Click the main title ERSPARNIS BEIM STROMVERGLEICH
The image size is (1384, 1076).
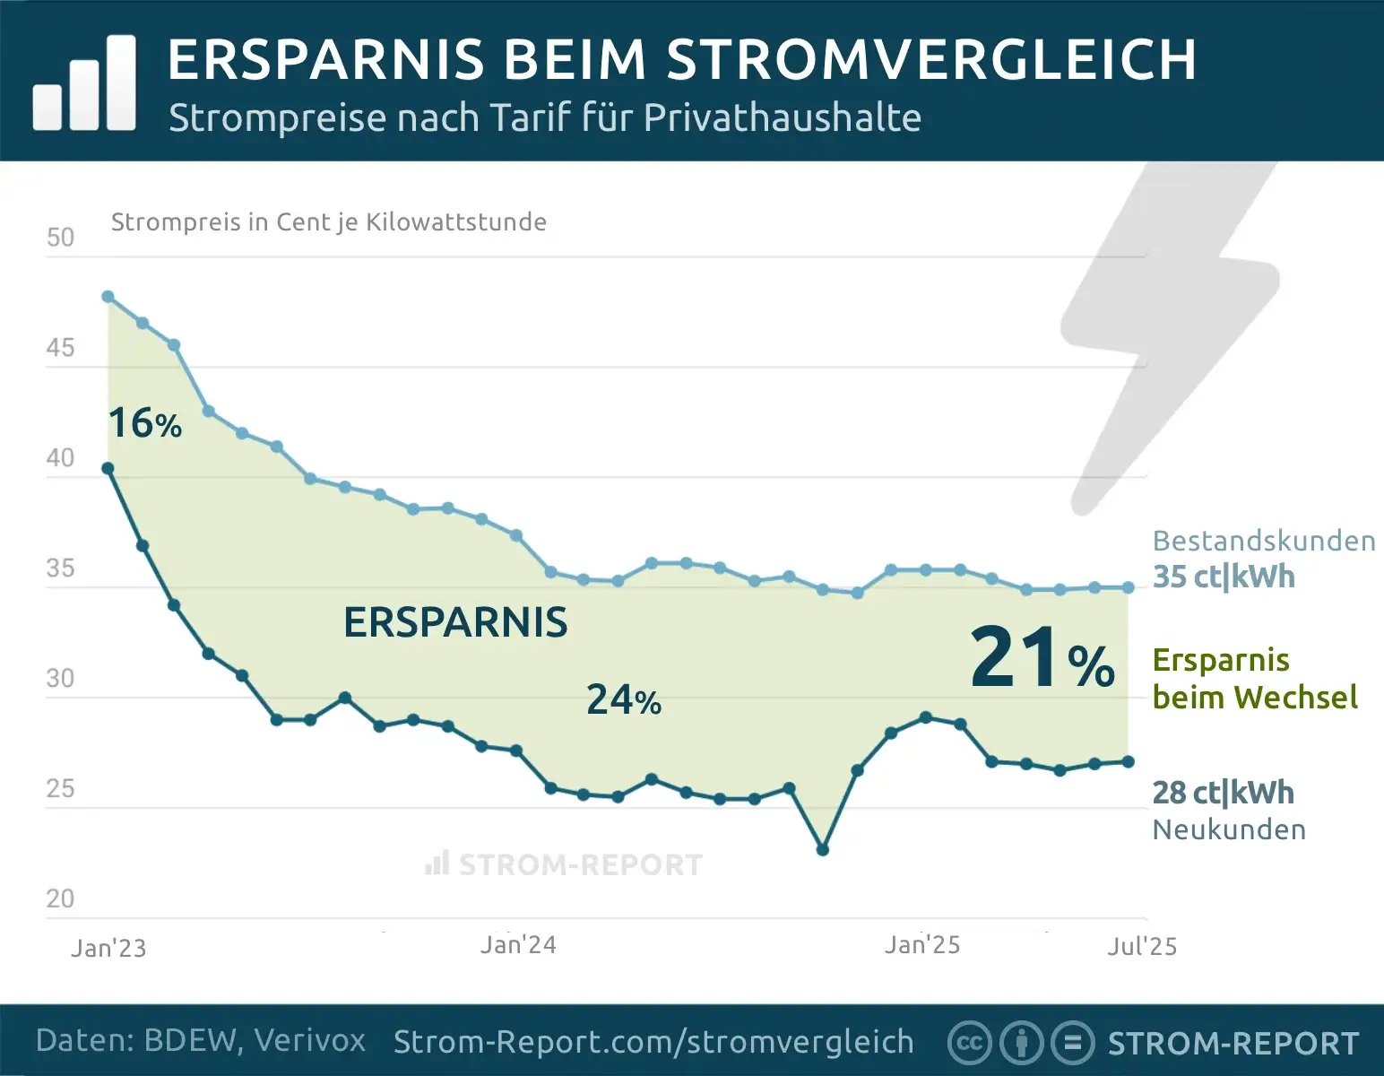(x=681, y=59)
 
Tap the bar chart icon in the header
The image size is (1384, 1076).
(x=84, y=84)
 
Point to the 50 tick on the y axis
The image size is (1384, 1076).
(x=60, y=238)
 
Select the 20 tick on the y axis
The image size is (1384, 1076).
(x=60, y=898)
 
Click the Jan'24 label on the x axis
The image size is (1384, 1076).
(x=518, y=945)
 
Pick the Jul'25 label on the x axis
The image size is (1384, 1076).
(x=1141, y=946)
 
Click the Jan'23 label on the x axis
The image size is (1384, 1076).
(x=108, y=948)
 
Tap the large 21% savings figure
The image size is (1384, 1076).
(x=1042, y=659)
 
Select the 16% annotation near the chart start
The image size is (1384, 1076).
(x=144, y=423)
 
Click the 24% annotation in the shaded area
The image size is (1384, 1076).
(x=624, y=700)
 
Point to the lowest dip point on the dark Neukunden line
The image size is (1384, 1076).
(x=823, y=849)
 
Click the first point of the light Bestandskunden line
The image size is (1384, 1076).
(x=108, y=297)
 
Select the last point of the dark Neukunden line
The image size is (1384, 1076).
(x=1128, y=762)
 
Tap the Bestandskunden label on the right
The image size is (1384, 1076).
(x=1263, y=541)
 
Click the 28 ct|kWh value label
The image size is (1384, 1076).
(x=1223, y=793)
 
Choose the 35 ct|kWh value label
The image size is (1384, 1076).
(x=1223, y=577)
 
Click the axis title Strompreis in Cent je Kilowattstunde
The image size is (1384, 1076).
(x=328, y=221)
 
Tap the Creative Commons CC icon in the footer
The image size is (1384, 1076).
(x=969, y=1043)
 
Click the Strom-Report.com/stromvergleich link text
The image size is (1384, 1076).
(x=653, y=1042)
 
